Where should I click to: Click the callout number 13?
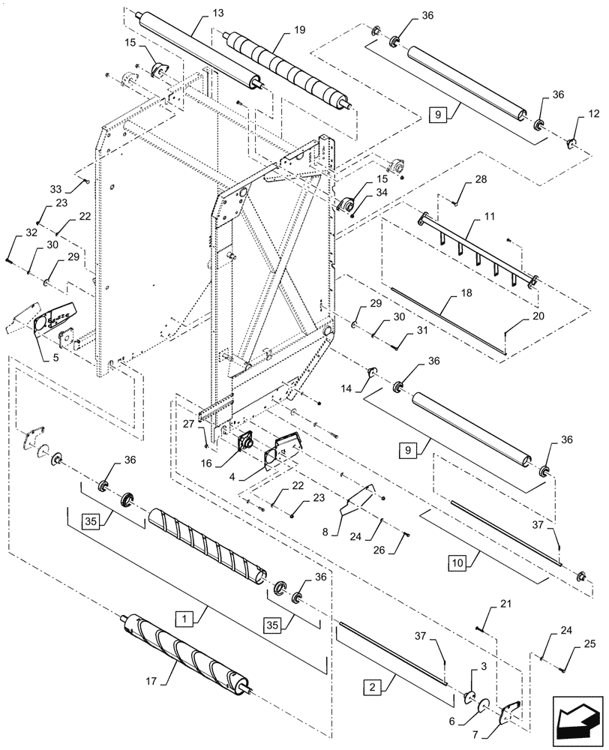(197, 14)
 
